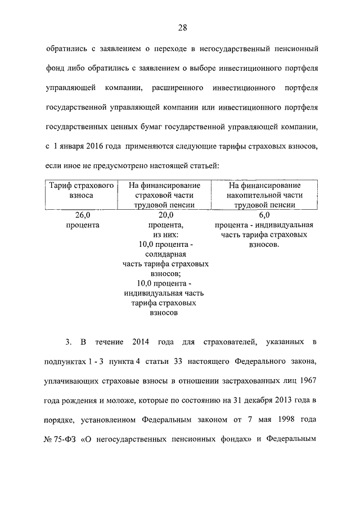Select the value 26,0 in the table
pos(82,215)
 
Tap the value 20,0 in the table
pos(164,215)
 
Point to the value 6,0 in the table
pos(264,215)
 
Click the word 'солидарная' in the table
pos(164,254)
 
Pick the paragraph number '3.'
pos(68,342)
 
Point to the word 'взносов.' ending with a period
pos(264,245)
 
